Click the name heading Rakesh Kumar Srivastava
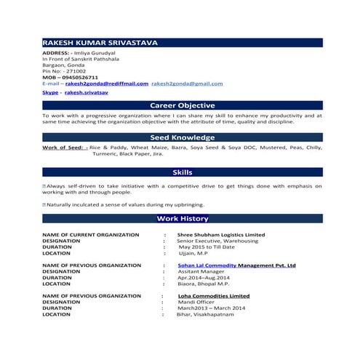pyautogui.click(x=100, y=43)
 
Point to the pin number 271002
pyautogui.click(x=76, y=71)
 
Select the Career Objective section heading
pyautogui.click(x=182, y=105)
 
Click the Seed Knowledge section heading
pyautogui.click(x=182, y=137)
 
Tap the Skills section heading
pyautogui.click(x=182, y=172)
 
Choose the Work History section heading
pyautogui.click(x=182, y=218)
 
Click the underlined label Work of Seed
pyautogui.click(x=65, y=147)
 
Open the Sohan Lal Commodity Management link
pyautogui.click(x=236, y=265)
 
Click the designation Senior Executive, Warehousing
pyautogui.click(x=216, y=241)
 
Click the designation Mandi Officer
pyautogui.click(x=196, y=302)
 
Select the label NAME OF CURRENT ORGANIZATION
pyautogui.click(x=91, y=235)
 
